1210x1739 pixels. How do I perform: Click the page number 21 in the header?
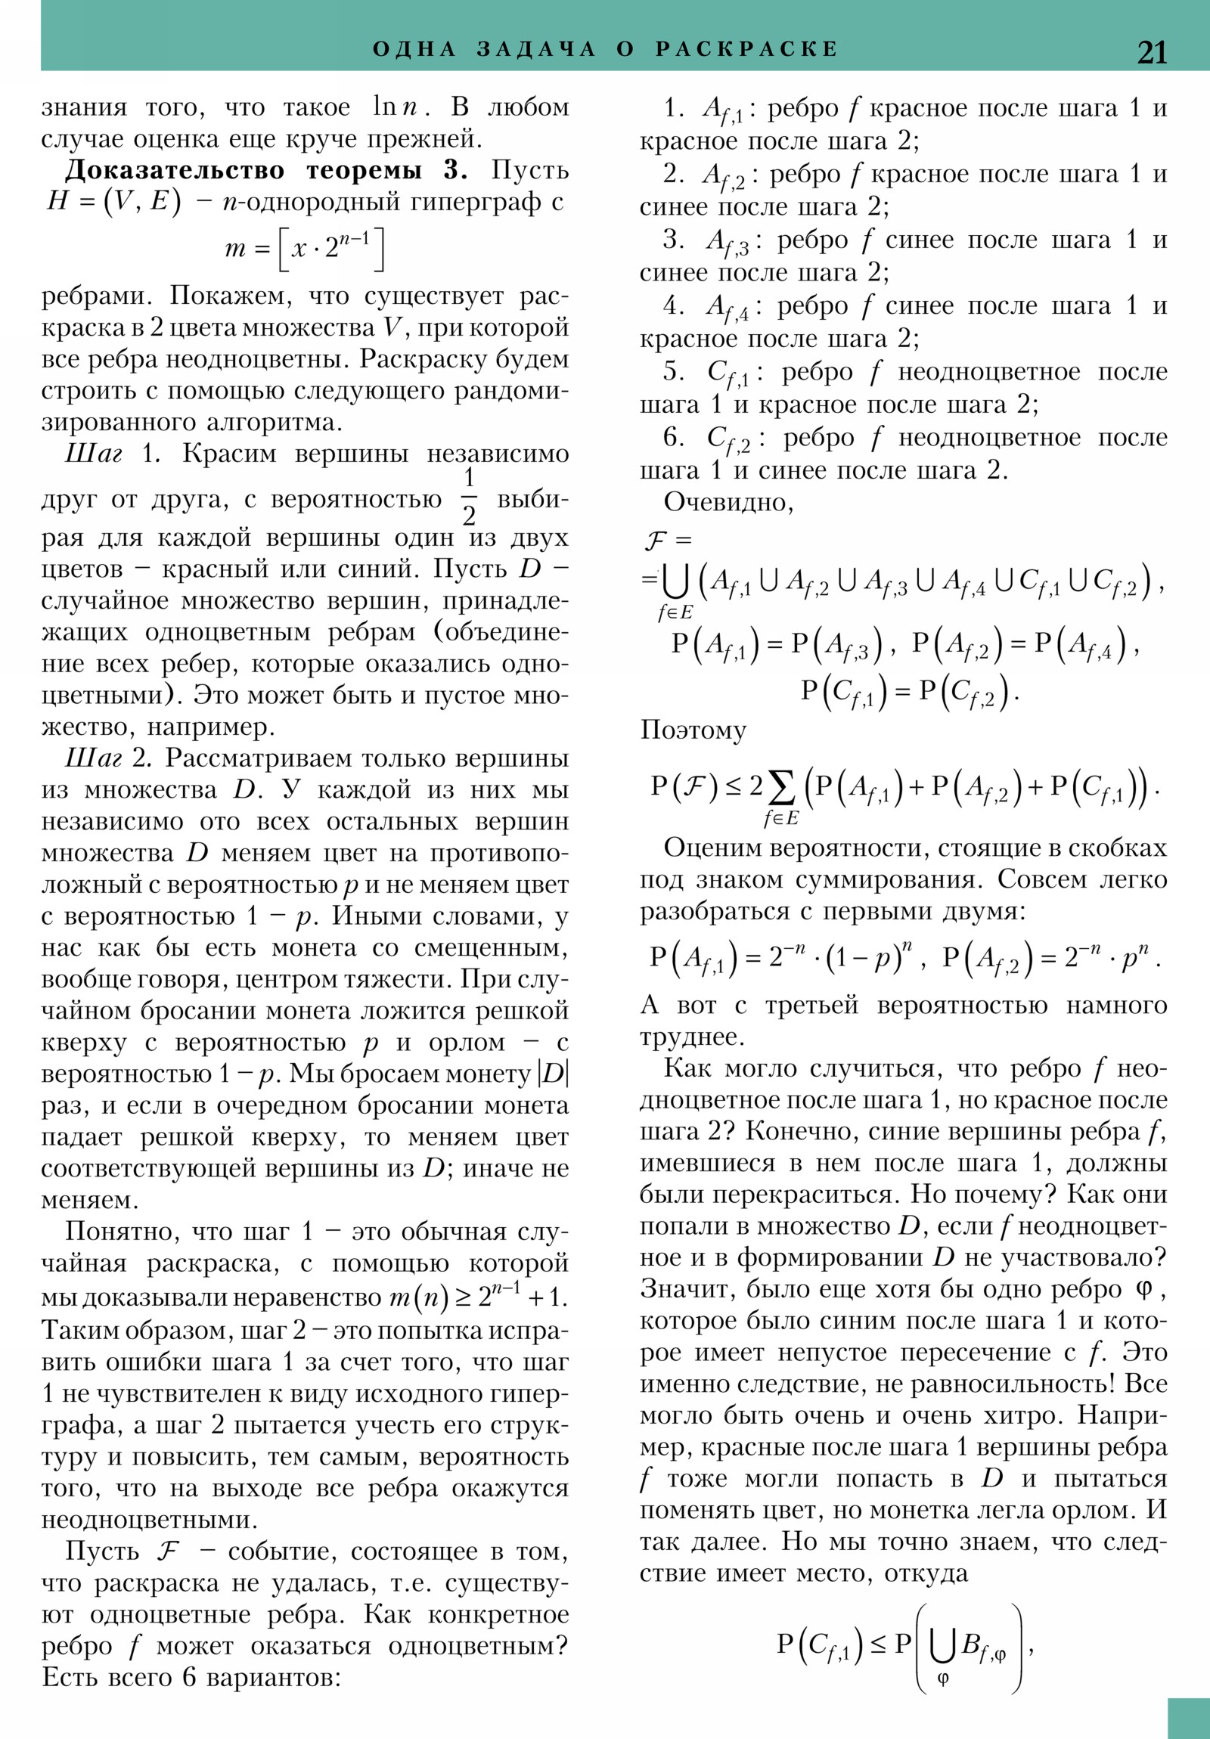coord(1152,52)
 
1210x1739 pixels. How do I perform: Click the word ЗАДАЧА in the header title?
coord(535,49)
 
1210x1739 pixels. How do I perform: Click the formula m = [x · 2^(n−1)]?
coord(305,250)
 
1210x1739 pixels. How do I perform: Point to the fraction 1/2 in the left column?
coord(469,497)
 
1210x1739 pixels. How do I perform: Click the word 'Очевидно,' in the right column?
coord(728,502)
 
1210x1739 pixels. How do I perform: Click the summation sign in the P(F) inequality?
coord(781,789)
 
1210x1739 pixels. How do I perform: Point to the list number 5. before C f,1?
coord(673,371)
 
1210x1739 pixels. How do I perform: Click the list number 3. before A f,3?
coord(673,240)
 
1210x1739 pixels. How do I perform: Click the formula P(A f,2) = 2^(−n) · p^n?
coord(1052,958)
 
